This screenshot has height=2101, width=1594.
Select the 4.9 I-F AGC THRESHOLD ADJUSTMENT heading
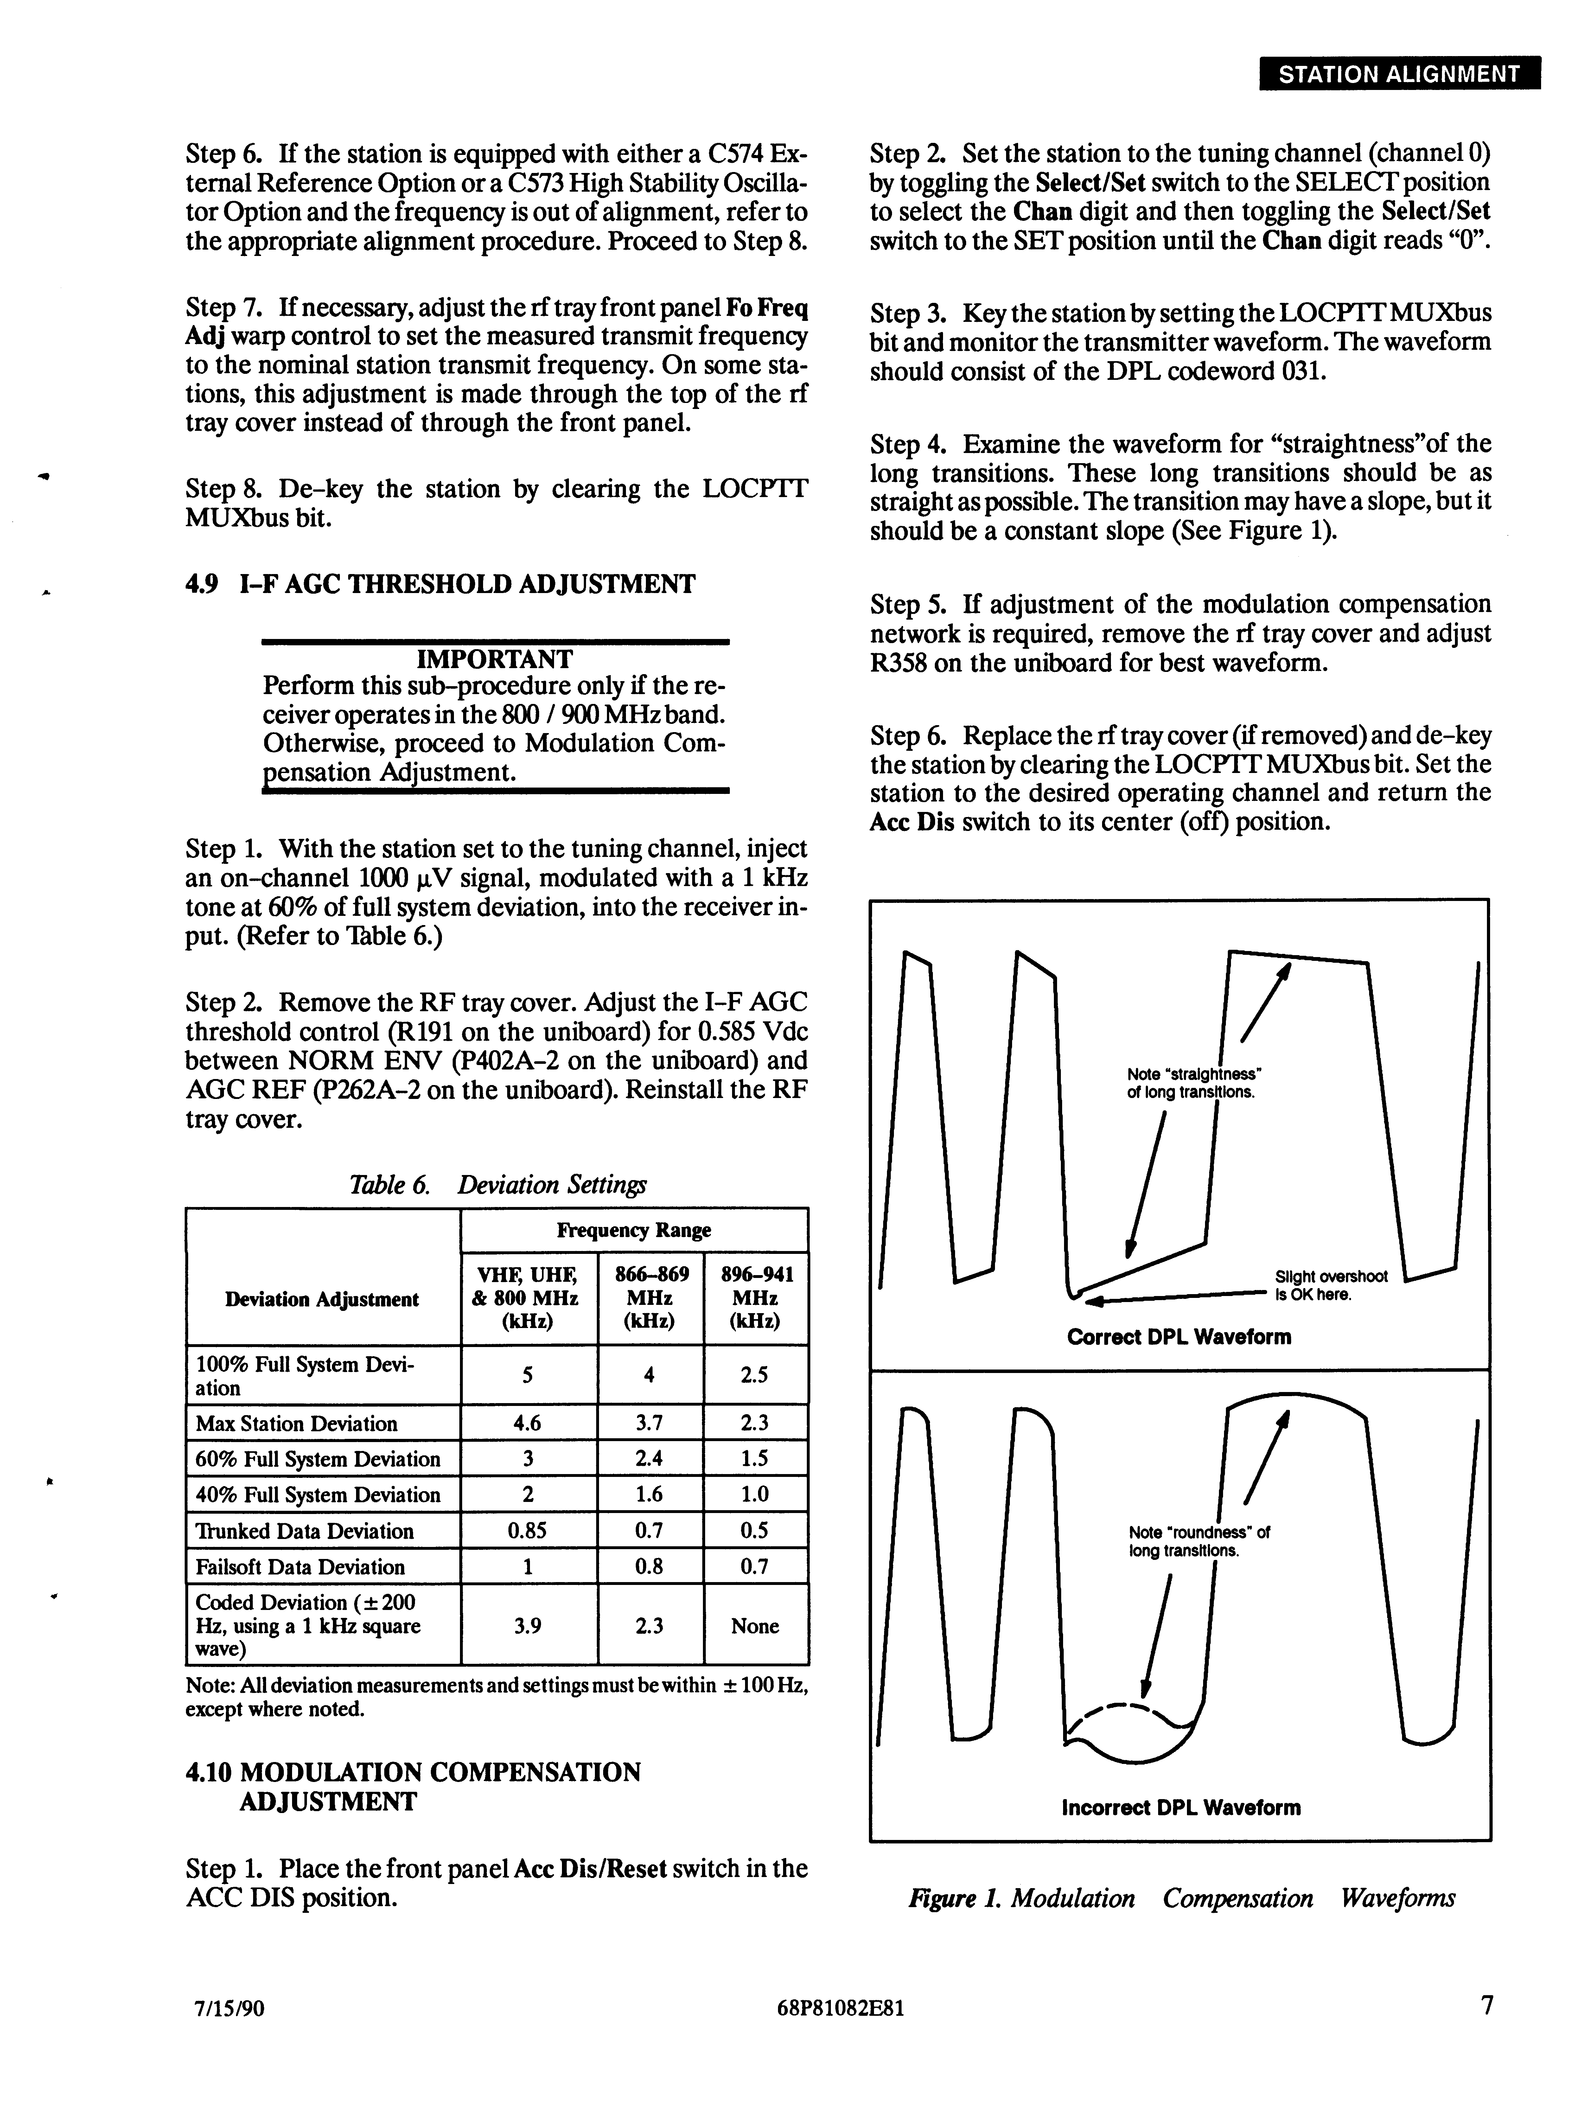coord(440,584)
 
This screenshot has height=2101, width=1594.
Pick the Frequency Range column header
coord(634,1230)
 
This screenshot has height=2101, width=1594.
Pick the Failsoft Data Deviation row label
coord(300,1566)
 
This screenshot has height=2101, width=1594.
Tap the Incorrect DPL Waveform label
coord(1181,1808)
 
